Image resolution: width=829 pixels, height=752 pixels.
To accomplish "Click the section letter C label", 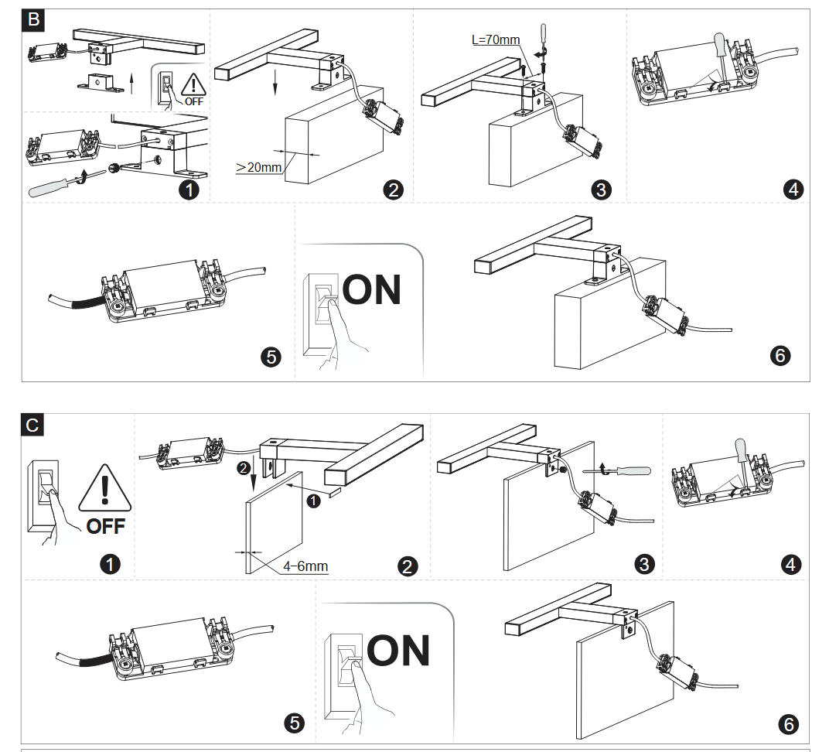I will [x=32, y=425].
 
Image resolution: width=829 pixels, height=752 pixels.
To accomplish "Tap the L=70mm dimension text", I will [x=496, y=39].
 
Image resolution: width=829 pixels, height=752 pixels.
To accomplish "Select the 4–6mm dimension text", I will [x=305, y=566].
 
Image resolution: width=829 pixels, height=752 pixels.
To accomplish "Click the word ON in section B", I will [x=372, y=289].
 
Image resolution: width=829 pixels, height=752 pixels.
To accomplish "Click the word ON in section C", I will [x=398, y=651].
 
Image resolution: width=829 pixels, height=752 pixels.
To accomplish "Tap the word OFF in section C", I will [x=105, y=527].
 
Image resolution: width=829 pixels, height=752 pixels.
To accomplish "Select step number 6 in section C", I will [x=789, y=724].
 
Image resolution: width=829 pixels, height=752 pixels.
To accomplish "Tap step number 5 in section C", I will [x=295, y=723].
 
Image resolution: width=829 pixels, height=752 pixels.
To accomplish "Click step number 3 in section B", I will [x=599, y=190].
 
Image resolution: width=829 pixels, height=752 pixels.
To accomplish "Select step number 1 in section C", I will [x=111, y=565].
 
